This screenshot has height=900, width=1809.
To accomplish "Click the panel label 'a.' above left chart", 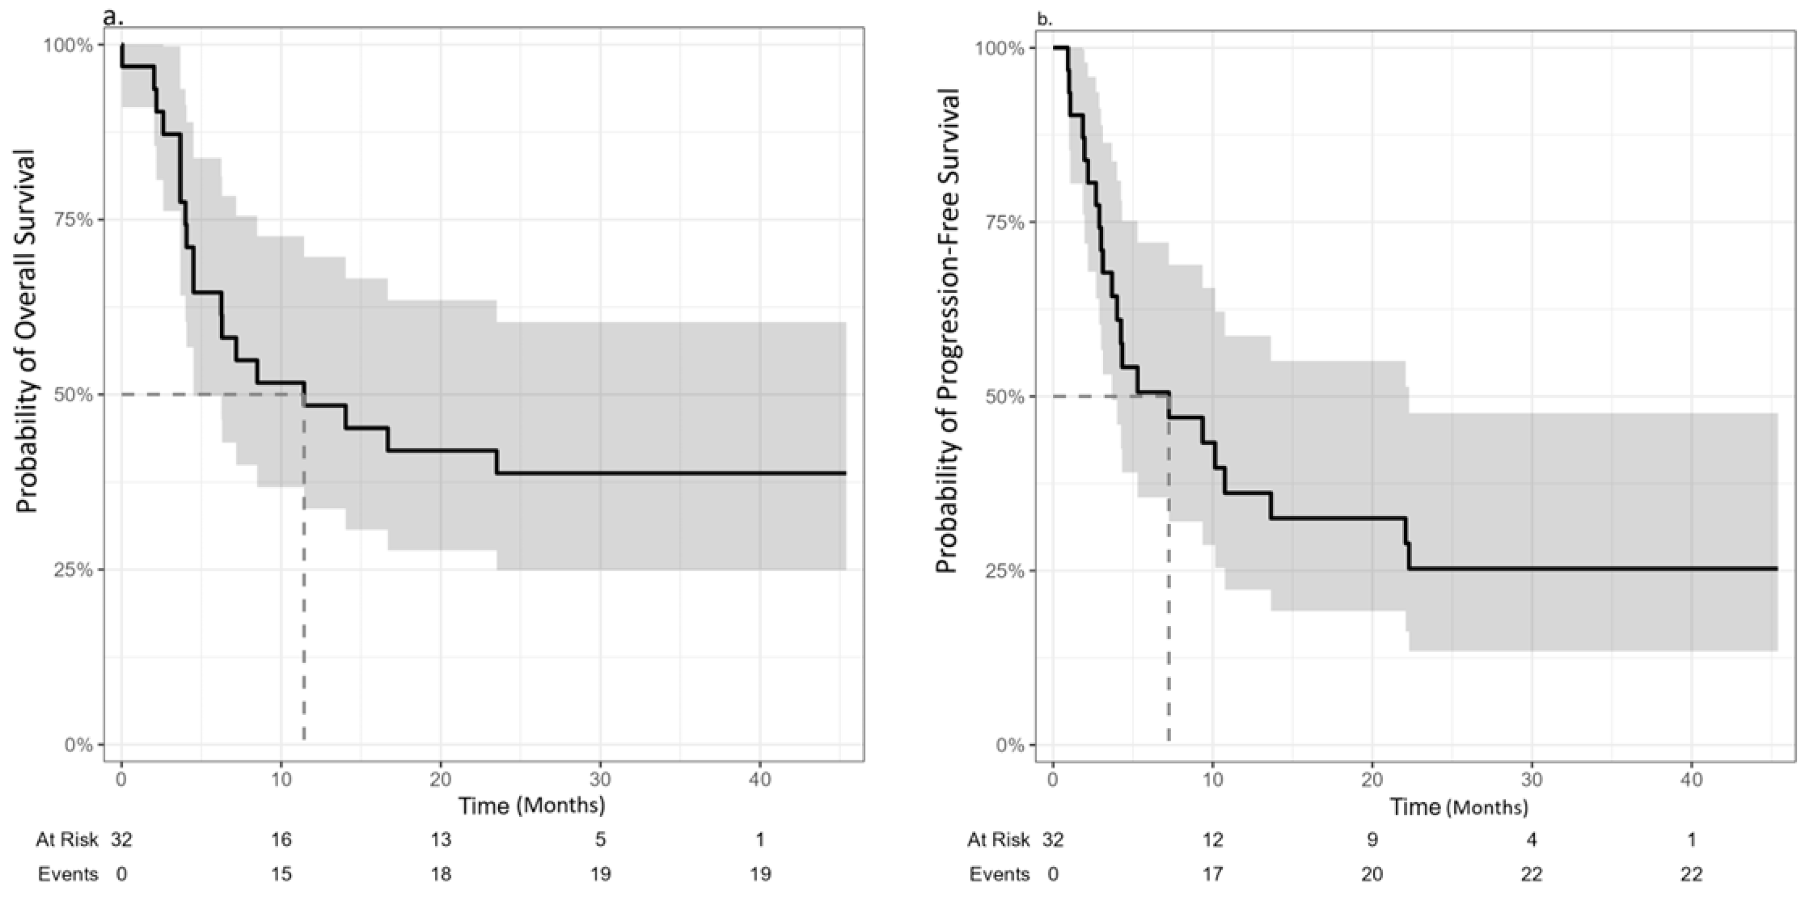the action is point(112,16).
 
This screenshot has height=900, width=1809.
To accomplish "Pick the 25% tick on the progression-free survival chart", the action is point(1006,570).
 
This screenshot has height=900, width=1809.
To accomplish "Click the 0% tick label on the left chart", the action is point(79,745).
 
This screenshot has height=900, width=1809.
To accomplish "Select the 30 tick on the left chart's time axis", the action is point(601,779).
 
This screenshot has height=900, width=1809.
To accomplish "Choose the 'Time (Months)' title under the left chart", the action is point(531,805).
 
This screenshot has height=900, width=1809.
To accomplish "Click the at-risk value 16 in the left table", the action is point(281,839).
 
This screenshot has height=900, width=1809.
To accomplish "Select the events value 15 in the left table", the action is point(281,874).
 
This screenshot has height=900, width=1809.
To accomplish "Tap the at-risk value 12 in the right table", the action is point(1212,839).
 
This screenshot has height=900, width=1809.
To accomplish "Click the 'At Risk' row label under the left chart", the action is point(67,839).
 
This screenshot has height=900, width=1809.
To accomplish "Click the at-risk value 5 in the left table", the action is point(601,839).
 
